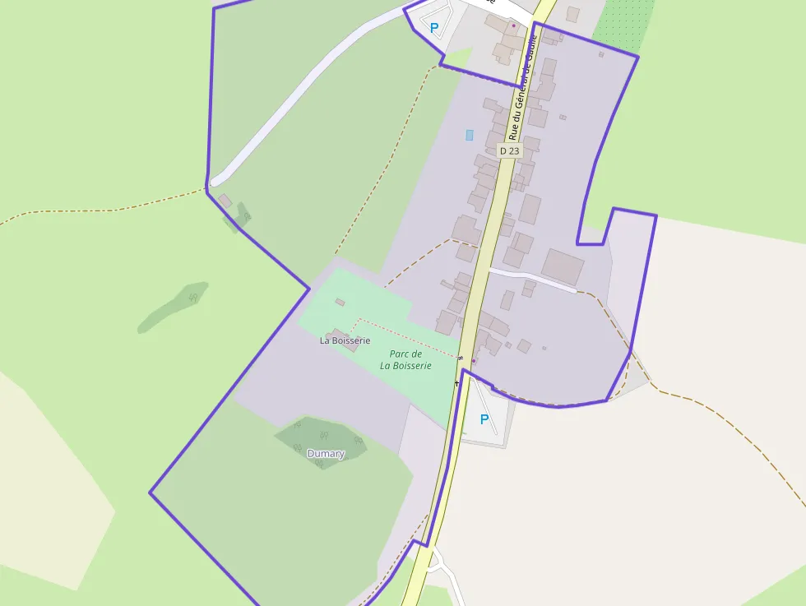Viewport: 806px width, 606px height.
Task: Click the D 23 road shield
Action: pos(510,151)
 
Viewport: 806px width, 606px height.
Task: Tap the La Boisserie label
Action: pos(345,340)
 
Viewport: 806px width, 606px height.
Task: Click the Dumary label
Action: pos(326,454)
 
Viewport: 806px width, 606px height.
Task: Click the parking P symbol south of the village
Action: pos(484,420)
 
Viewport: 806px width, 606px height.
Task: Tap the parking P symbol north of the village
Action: pos(434,28)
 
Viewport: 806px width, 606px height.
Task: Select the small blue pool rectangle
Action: pos(470,135)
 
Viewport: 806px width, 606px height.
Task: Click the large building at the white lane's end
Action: pos(563,267)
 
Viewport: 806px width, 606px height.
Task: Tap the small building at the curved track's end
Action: pos(225,201)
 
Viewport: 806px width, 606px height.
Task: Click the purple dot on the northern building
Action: pos(514,25)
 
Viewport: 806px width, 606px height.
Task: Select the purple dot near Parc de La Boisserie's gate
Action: pos(474,361)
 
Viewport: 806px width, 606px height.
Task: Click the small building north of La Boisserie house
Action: pos(340,303)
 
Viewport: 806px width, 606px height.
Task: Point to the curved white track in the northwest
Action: pos(296,90)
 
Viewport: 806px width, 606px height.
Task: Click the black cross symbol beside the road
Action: pos(457,383)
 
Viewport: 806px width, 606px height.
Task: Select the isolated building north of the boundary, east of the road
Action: pos(572,14)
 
